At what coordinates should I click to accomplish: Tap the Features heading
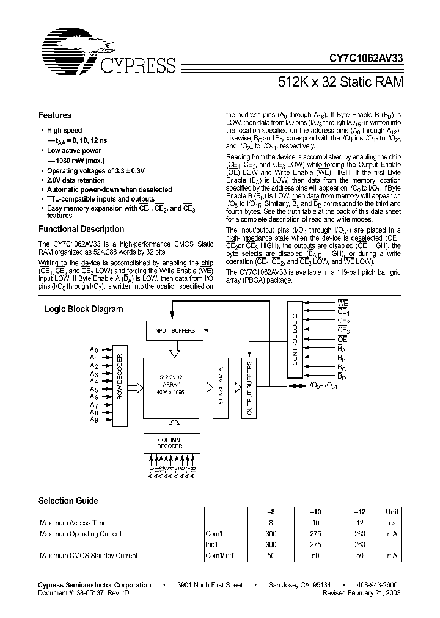tap(55, 115)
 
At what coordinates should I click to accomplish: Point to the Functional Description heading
tap(81, 229)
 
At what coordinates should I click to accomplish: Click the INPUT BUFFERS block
tap(174, 331)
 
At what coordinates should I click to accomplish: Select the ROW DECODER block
tap(120, 385)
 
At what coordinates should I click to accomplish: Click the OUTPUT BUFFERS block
tap(249, 391)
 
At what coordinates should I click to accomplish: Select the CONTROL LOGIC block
tap(295, 340)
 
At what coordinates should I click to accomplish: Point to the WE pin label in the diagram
tap(343, 302)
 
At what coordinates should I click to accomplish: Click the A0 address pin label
tap(94, 350)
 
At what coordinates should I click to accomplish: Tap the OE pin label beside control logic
tap(343, 339)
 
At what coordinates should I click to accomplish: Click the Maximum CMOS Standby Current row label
tap(89, 556)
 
